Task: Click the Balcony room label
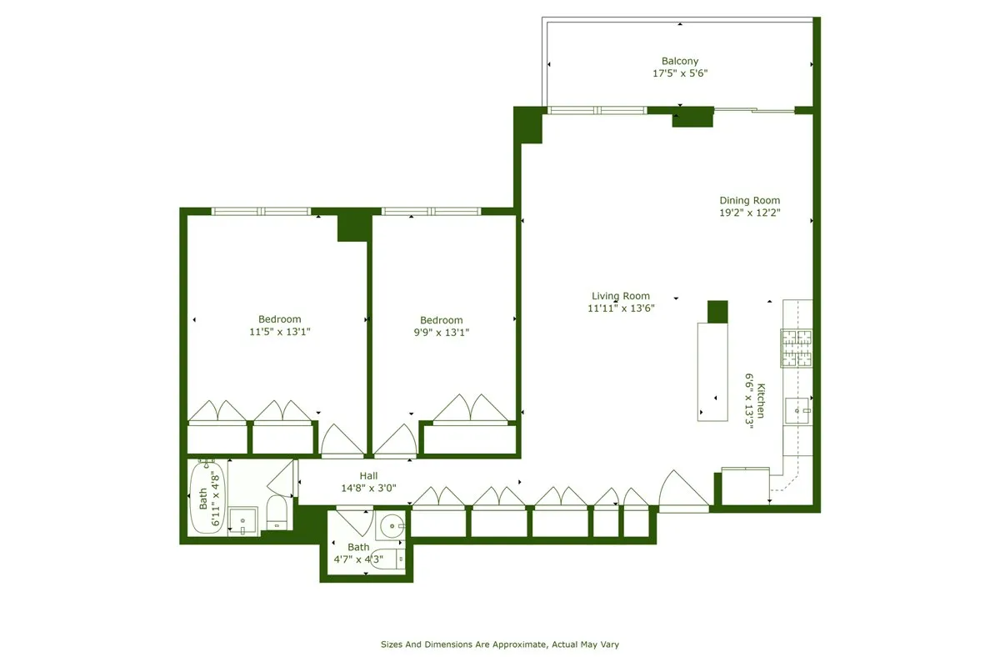(x=680, y=61)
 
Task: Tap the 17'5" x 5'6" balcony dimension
(x=680, y=73)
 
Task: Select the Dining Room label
(x=749, y=200)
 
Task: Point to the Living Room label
(x=621, y=296)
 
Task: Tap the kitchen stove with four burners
(x=795, y=349)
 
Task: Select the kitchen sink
(x=797, y=410)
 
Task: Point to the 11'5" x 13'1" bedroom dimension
(x=279, y=332)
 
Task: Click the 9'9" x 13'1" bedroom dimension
(x=441, y=333)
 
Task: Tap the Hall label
(x=369, y=476)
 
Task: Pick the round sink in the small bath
(x=391, y=525)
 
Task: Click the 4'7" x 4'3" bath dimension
(x=358, y=559)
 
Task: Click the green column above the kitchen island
(x=717, y=311)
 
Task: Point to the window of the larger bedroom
(x=261, y=211)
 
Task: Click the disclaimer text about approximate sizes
(x=500, y=644)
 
